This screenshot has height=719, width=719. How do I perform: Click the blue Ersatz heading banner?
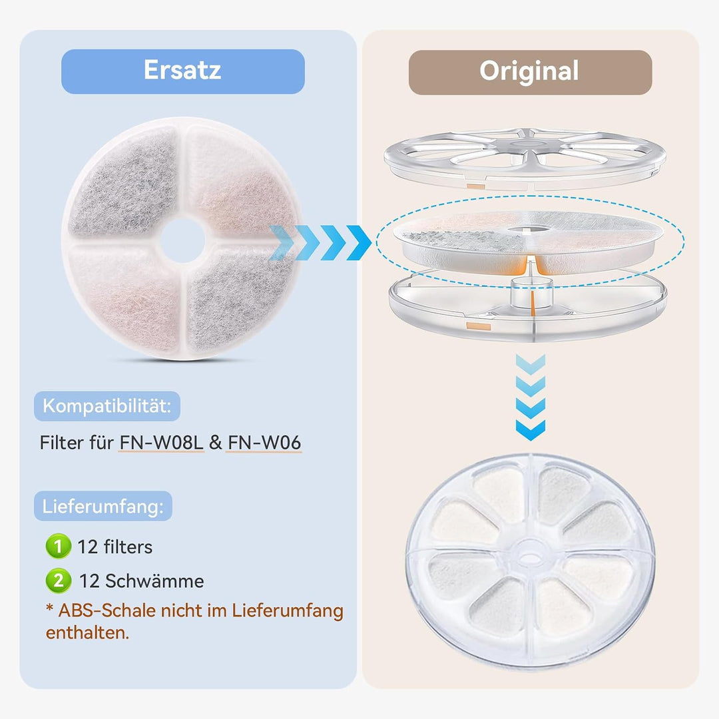coord(183,71)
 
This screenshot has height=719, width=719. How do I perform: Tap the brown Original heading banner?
coord(530,73)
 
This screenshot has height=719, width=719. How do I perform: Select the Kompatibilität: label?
coord(107,406)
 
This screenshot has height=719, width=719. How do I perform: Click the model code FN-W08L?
coord(161,443)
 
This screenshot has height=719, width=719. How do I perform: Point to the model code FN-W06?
coord(264,443)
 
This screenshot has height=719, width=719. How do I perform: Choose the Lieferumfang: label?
coord(103,506)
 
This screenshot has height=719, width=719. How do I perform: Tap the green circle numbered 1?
coord(58,546)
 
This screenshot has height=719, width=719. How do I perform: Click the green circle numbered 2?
coord(58,581)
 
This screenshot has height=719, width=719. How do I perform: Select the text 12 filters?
coord(115,547)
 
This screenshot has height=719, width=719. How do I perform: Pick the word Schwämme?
coord(155,581)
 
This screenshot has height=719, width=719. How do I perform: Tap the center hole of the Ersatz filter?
coord(182,240)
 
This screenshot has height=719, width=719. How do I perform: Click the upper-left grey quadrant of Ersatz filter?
coord(124,184)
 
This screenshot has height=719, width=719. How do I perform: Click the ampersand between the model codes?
coord(216,443)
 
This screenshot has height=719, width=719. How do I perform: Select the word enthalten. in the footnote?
coord(88,633)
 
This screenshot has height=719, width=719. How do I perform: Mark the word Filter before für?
coord(62,443)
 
